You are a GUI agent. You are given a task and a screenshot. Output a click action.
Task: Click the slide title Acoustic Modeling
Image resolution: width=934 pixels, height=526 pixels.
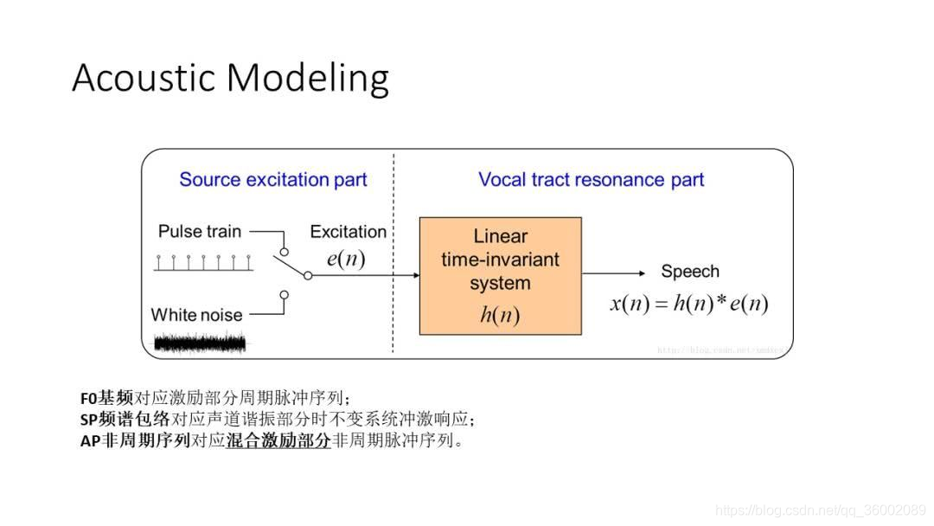click(230, 78)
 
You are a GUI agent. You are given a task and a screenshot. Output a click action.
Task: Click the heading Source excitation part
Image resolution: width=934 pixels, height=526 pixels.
click(273, 180)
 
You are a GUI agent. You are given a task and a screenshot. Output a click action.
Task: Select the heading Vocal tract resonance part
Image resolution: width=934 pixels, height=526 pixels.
click(591, 180)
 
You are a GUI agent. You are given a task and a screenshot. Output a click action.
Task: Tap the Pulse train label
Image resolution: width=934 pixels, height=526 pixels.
click(200, 232)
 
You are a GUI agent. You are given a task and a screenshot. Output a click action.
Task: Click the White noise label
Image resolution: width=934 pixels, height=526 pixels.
click(196, 315)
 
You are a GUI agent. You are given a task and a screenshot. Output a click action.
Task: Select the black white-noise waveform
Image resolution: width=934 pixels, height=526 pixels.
click(200, 343)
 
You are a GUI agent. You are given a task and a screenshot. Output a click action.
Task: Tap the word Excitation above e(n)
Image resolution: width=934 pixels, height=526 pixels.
click(348, 232)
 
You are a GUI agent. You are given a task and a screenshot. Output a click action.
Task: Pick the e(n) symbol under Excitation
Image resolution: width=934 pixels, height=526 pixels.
click(345, 258)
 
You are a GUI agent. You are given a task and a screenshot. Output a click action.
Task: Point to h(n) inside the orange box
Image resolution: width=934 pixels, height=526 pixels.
click(500, 315)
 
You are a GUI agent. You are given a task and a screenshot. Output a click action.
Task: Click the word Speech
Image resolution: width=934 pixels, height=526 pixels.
click(689, 272)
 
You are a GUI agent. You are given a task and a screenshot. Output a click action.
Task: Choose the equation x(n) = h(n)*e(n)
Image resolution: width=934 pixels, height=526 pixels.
click(689, 304)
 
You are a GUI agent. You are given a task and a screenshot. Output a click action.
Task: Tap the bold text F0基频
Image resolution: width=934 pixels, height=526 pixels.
click(106, 399)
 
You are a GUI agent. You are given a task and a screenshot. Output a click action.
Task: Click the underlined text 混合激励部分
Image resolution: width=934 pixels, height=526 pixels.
click(278, 440)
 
